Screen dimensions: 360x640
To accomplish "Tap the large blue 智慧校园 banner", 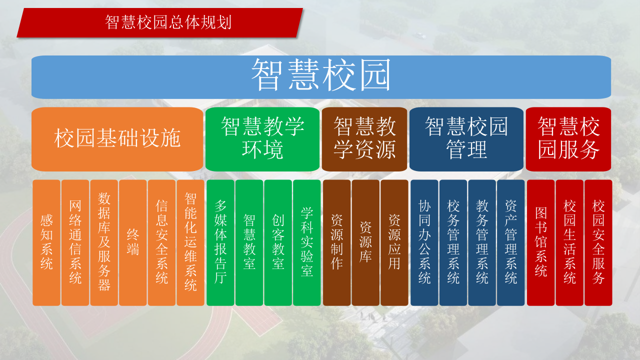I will click(x=321, y=76).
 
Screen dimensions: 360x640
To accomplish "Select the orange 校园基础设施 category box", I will click(x=117, y=138).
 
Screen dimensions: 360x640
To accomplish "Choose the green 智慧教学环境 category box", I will click(x=262, y=138).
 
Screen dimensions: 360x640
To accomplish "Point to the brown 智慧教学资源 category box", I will click(x=364, y=138).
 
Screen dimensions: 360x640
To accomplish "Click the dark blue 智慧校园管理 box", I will click(x=466, y=138).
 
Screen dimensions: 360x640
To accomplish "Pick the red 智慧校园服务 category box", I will click(x=568, y=138).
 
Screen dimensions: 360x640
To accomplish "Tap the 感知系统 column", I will click(x=46, y=242).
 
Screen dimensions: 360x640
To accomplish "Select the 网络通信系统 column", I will click(x=75, y=242).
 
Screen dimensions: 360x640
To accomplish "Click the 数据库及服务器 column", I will click(x=104, y=242).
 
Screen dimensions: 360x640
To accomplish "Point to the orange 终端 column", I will click(x=133, y=242).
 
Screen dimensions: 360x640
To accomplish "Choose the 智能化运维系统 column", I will click(x=190, y=242).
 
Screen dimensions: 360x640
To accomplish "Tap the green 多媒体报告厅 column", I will click(x=220, y=242).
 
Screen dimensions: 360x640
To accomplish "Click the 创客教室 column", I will click(x=278, y=242).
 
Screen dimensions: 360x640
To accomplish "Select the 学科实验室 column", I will click(x=307, y=242).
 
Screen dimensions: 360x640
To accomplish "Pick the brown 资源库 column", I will click(x=365, y=242).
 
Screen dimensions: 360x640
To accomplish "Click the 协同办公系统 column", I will click(x=424, y=242).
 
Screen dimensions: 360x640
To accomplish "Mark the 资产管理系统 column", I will click(x=511, y=242).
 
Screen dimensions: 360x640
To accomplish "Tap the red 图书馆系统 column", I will click(x=541, y=242).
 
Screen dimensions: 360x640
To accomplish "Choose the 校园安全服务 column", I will click(x=598, y=242).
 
